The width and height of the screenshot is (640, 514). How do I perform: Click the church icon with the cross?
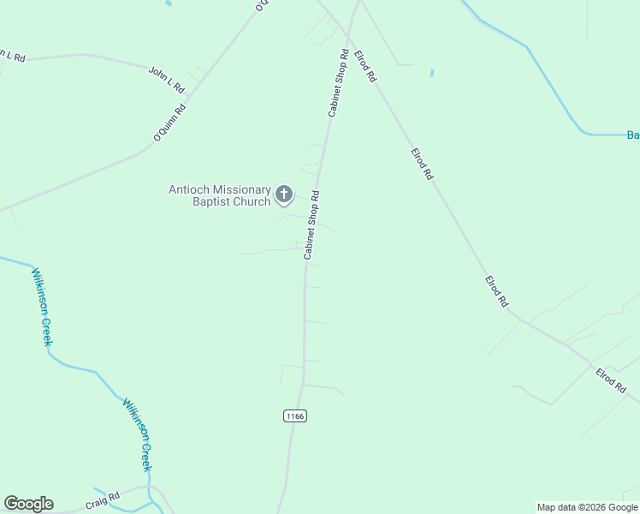(x=283, y=195)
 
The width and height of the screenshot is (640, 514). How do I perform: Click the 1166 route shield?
(x=293, y=415)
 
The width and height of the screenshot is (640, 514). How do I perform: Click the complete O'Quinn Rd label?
(x=169, y=123)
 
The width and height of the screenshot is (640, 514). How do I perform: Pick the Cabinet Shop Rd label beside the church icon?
(x=311, y=224)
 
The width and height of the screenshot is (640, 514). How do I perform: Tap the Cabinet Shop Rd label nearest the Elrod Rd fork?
(x=338, y=83)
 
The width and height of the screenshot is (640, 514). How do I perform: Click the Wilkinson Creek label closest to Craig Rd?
(x=137, y=434)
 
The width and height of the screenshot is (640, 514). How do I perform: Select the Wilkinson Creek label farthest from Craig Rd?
(x=42, y=307)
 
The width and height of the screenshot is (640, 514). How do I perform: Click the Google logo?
(x=28, y=504)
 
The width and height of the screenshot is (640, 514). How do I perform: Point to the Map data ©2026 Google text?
(x=587, y=507)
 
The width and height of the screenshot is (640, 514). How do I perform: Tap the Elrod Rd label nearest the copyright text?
(x=611, y=380)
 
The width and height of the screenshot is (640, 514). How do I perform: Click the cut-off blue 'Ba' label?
(x=633, y=134)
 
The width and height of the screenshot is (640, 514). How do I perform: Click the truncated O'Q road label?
(x=261, y=5)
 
